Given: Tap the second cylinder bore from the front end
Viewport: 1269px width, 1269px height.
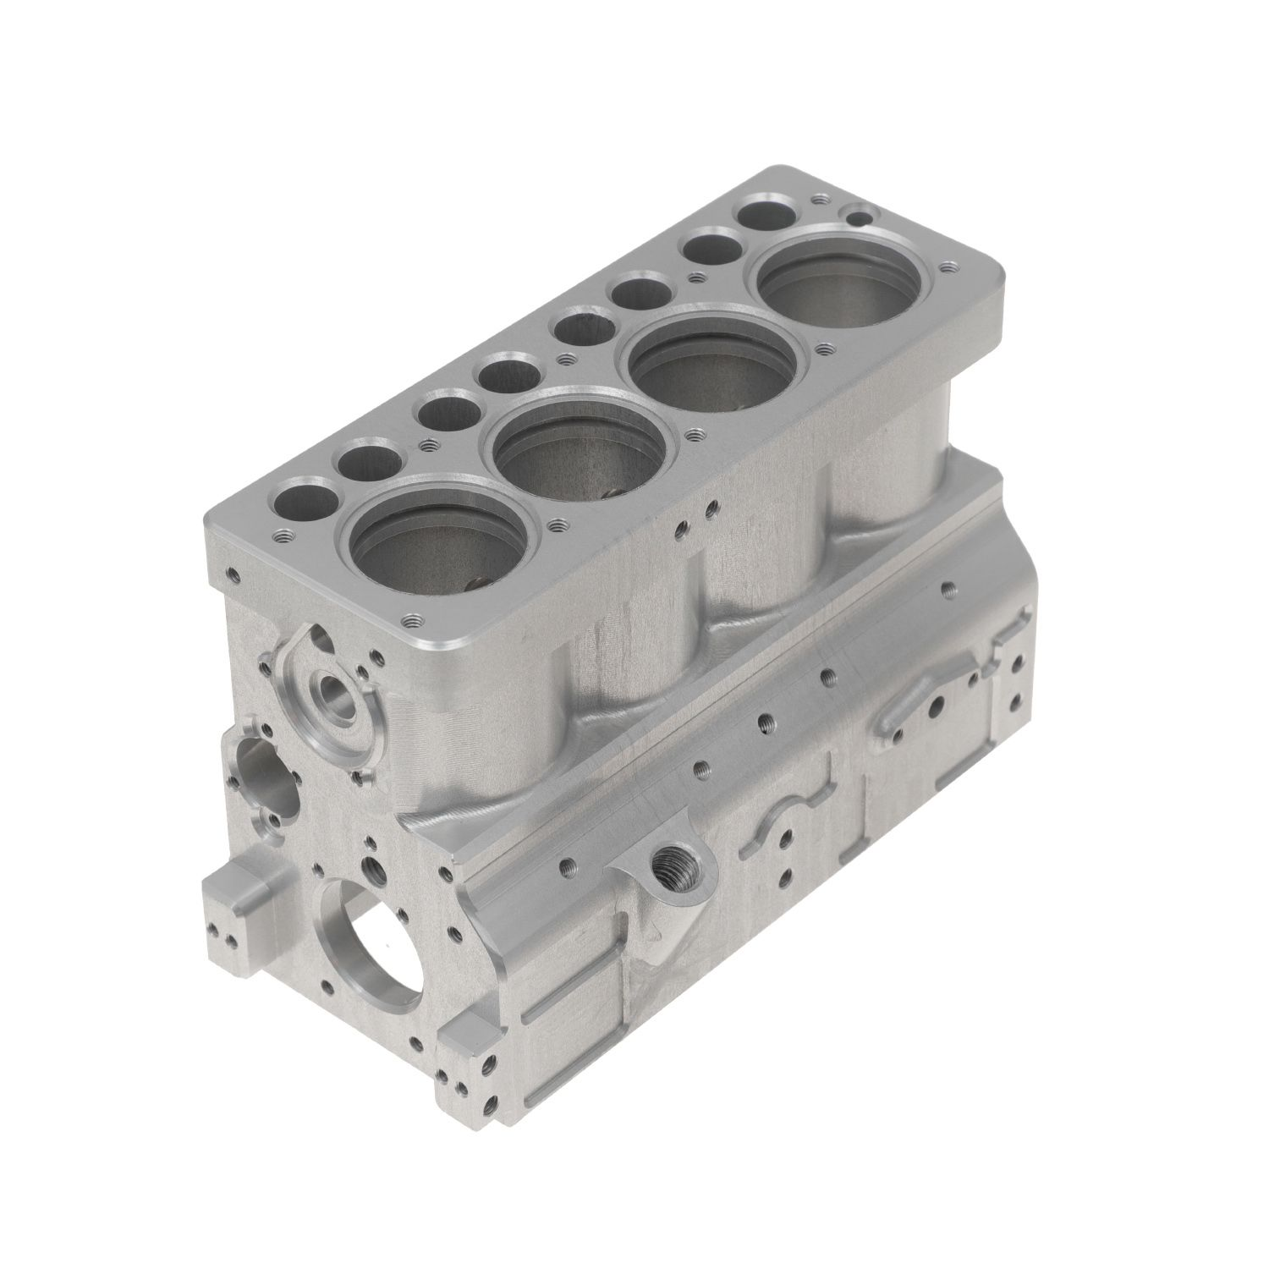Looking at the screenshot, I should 582,448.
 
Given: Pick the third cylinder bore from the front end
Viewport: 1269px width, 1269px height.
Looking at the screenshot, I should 715,364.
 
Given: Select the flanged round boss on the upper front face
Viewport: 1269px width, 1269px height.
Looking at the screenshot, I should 332,695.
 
